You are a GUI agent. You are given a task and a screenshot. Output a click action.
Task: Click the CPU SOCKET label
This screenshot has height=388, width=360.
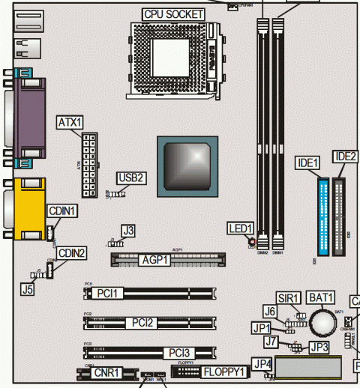point(173,13)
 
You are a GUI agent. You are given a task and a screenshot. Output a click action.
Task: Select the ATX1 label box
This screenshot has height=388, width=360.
point(70,121)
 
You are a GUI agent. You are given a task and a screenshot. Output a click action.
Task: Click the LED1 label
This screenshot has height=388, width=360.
point(241,227)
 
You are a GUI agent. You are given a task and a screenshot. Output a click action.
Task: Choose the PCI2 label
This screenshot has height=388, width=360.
point(142,323)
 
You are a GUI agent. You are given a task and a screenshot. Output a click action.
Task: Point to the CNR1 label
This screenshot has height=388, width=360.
point(105,372)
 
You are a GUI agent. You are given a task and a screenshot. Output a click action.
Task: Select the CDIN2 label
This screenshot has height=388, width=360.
point(73,253)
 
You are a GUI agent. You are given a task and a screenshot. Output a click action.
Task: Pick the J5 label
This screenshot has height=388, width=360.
point(28,288)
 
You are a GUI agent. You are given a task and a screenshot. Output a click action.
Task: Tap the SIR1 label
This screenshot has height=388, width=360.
point(289,297)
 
